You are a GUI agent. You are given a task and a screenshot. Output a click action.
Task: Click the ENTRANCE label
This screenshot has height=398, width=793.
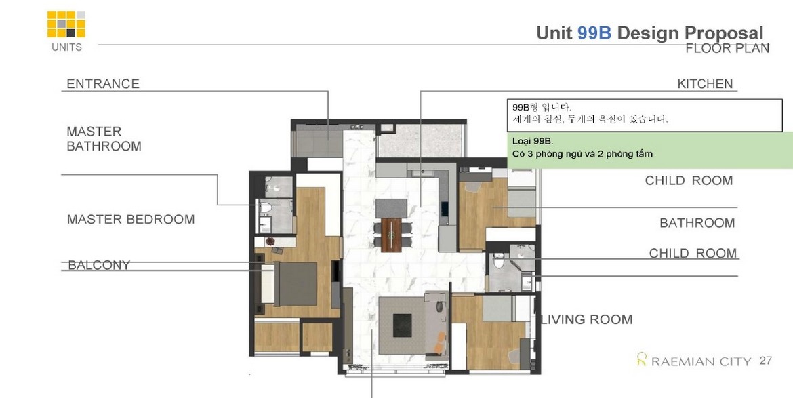tap(102, 84)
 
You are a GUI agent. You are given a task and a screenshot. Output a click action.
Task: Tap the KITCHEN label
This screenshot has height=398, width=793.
tap(705, 84)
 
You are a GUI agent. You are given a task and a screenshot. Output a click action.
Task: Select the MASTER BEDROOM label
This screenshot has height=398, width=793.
tap(131, 220)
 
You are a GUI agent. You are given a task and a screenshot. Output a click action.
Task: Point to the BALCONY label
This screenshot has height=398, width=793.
tap(99, 265)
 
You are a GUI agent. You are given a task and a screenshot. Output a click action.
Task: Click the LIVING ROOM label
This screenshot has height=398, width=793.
tap(587, 319)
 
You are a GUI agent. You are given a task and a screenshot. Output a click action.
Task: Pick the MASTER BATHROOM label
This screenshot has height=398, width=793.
tap(104, 139)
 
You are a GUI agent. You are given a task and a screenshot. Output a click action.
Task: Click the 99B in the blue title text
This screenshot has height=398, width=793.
tap(594, 33)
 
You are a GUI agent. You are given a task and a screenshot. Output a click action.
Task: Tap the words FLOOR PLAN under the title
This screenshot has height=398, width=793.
tap(727, 49)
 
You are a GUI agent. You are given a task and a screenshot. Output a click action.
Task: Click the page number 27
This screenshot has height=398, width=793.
tap(766, 361)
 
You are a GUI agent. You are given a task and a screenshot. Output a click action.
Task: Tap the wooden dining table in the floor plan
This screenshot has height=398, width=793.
tap(391, 235)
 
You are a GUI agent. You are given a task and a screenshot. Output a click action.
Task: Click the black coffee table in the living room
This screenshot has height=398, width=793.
tap(402, 325)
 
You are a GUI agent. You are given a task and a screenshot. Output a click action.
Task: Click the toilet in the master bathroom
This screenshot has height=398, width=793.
tap(266, 208)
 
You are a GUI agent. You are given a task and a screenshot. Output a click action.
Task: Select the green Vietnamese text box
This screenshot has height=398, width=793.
tap(650, 151)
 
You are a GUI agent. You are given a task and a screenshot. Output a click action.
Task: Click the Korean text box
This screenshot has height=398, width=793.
tap(645, 115)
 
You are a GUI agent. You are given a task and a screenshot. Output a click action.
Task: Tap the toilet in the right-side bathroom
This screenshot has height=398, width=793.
tap(499, 260)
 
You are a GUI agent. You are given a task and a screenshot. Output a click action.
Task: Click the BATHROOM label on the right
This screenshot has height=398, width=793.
tap(697, 223)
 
